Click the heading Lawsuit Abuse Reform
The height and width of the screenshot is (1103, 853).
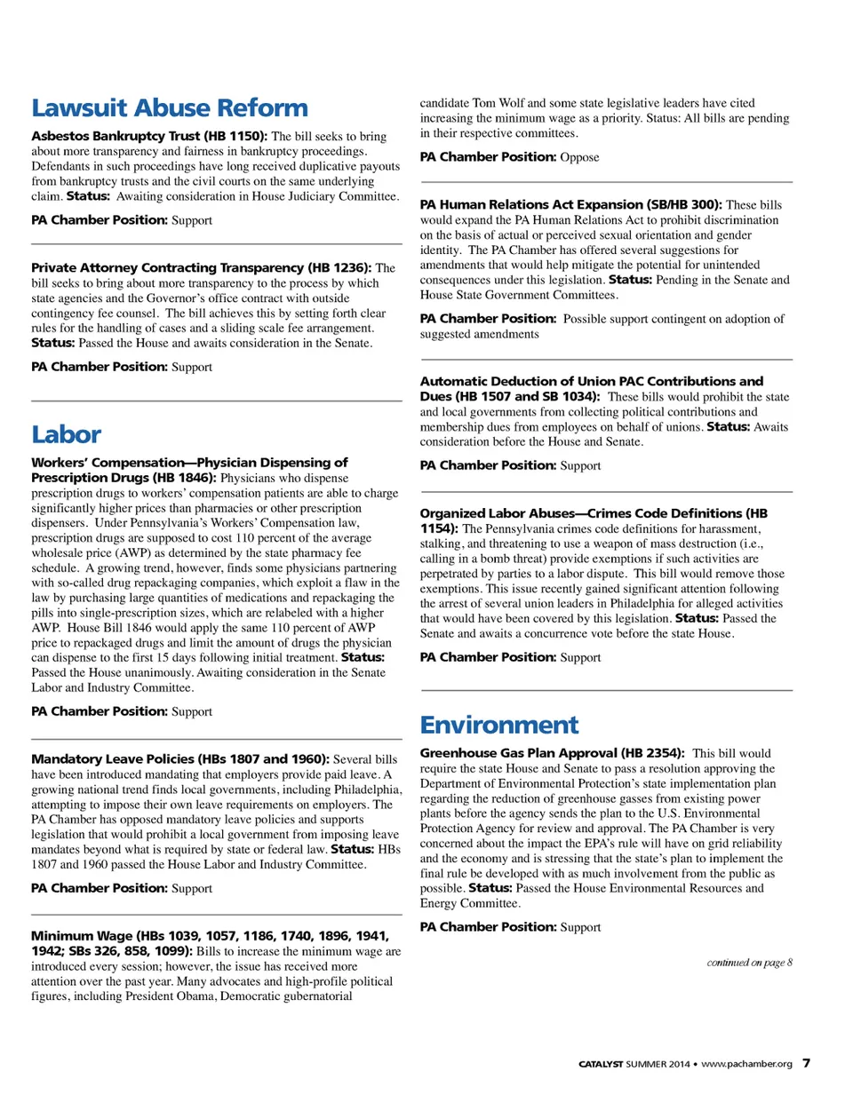170,108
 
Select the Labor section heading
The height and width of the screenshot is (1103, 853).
67,434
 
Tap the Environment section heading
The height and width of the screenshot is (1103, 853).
499,725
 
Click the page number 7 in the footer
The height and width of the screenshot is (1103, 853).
806,1063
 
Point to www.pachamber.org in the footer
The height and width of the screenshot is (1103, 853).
746,1064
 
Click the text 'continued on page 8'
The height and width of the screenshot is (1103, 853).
749,962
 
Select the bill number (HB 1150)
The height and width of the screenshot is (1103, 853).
235,136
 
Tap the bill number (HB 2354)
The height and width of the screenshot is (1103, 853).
652,752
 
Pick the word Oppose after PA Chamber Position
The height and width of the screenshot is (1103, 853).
579,157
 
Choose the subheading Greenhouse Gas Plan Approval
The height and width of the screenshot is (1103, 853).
518,752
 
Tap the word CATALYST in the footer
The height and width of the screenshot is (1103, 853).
601,1064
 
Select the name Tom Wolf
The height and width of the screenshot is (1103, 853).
496,103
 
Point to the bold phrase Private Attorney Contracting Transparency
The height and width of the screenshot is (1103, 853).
167,267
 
